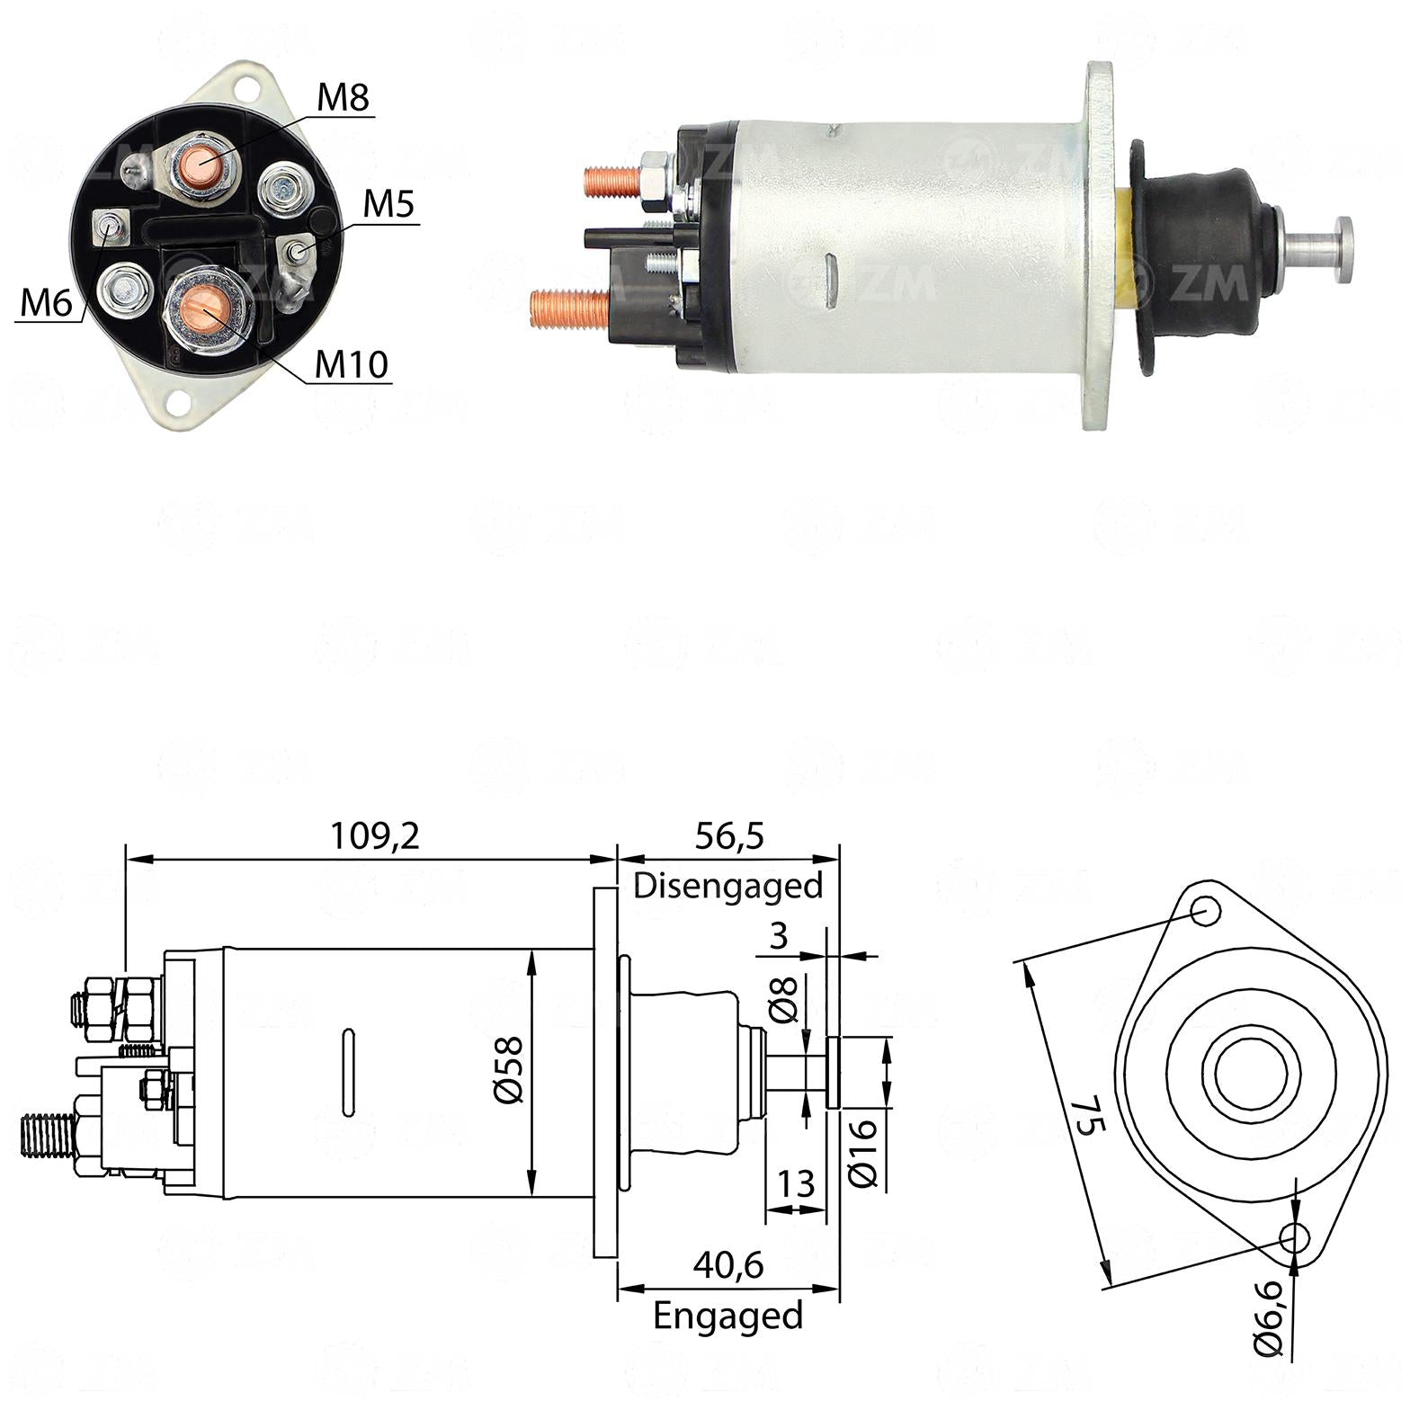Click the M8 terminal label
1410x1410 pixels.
343,98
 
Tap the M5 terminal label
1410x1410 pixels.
388,205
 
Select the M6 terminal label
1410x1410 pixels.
46,304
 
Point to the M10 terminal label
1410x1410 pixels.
352,364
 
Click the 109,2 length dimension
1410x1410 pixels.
375,837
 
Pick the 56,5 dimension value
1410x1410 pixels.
728,836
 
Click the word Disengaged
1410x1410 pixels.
728,886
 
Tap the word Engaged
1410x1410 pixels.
728,1316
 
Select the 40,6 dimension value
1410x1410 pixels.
728,1265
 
